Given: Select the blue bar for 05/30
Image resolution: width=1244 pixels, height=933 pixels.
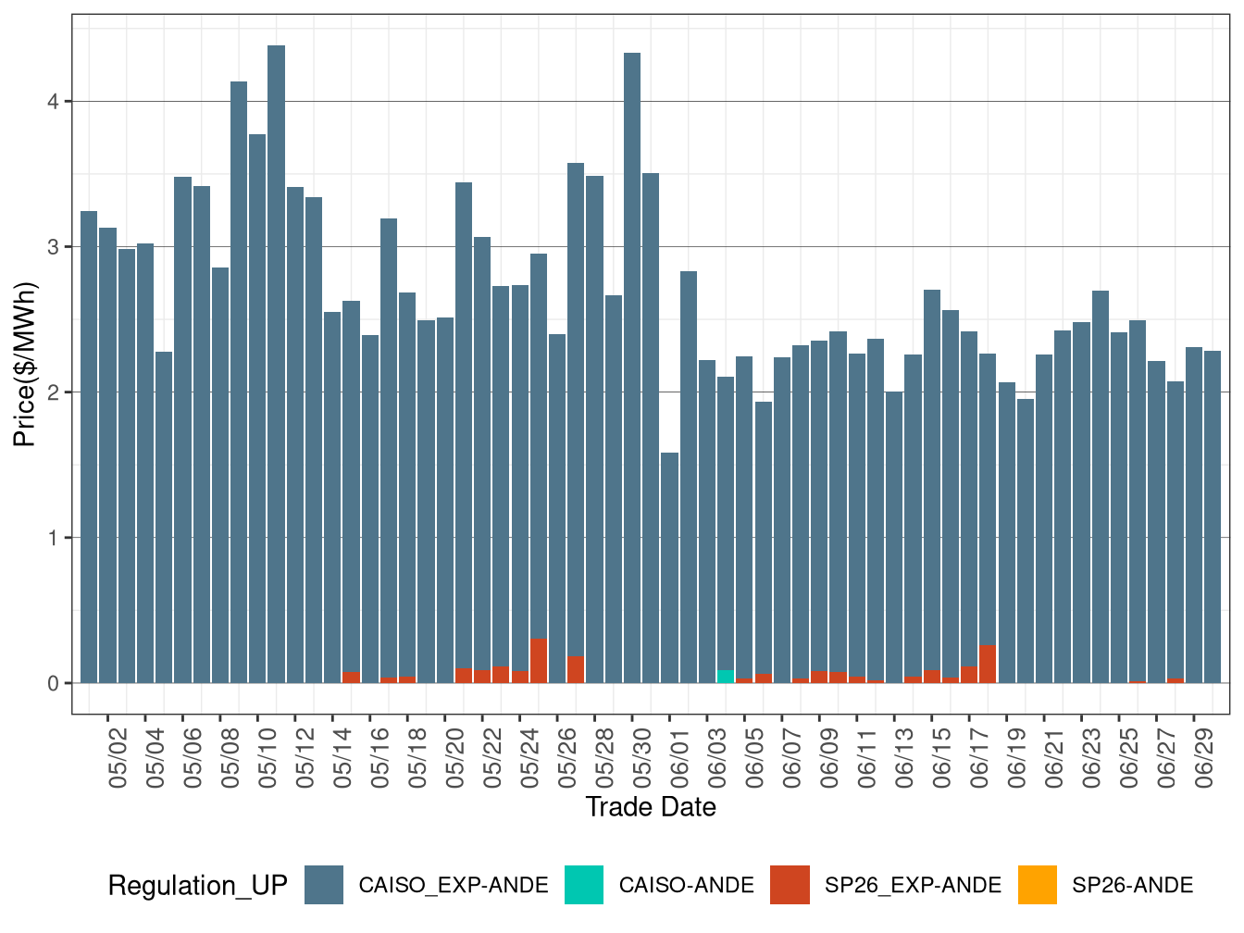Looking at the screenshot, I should point(632,370).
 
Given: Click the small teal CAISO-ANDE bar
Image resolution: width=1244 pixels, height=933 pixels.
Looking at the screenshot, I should point(726,677).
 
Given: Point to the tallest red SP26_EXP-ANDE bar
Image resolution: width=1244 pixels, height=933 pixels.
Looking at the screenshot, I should point(539,661).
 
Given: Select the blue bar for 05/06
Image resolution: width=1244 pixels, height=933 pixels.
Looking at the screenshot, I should point(182,426).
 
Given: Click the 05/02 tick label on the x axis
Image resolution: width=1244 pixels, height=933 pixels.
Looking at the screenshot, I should point(118,758).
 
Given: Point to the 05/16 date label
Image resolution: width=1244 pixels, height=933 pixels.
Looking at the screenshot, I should point(380,758).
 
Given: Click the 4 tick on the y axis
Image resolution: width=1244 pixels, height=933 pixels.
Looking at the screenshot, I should point(54,102).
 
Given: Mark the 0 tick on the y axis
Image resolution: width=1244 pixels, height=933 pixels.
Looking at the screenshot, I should point(54,683).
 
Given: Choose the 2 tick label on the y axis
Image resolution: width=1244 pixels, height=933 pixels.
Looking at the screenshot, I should point(54,392).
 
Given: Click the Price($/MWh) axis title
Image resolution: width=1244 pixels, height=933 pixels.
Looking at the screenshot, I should point(25,365).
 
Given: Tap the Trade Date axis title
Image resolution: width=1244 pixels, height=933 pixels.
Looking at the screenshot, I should point(651,807).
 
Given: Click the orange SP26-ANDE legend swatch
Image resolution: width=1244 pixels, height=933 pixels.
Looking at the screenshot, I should point(1037,885).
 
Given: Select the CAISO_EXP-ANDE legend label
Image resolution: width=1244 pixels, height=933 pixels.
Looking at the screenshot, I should point(454,886).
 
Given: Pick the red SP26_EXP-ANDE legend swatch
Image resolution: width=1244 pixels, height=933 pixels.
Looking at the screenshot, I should point(790,885).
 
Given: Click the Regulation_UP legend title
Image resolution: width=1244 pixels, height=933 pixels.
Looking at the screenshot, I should point(197,886).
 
